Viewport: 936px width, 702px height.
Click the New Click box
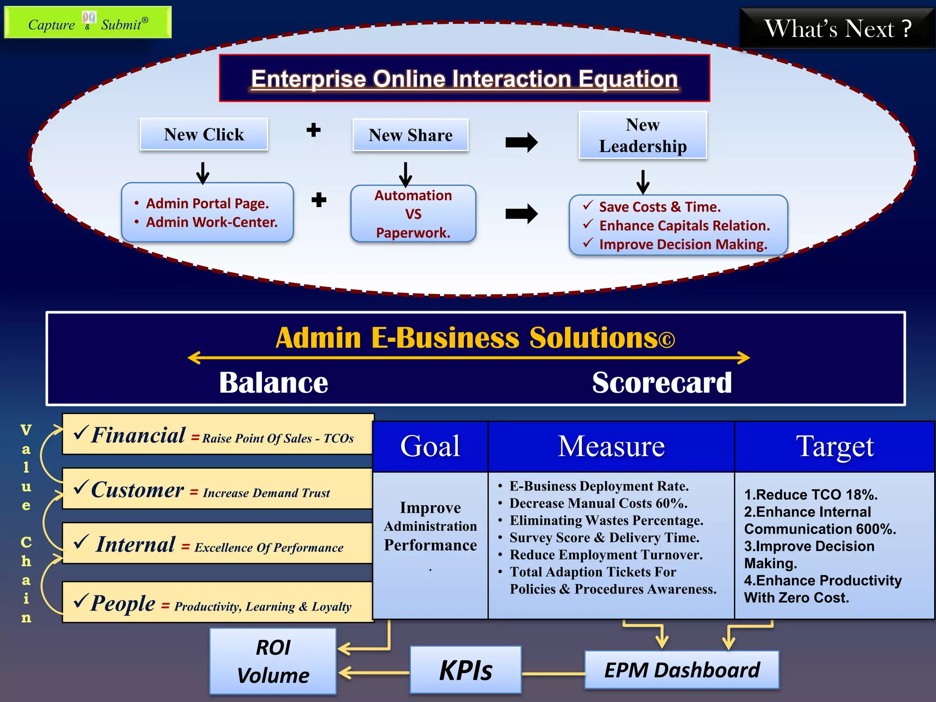[x=204, y=134]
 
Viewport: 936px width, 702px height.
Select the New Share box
[x=410, y=135]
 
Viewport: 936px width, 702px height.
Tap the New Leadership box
[x=643, y=135]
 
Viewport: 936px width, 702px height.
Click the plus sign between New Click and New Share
[x=314, y=130]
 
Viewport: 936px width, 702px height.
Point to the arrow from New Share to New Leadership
[x=521, y=142]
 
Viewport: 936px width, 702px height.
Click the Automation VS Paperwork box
[x=413, y=214]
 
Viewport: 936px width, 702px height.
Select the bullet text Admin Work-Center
[x=212, y=222]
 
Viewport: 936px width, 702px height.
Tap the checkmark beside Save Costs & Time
[x=588, y=206]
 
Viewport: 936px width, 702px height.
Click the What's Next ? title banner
[x=837, y=28]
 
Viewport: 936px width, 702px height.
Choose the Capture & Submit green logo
[x=88, y=22]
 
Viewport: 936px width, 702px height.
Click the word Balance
[x=273, y=383]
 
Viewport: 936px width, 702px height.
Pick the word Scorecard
[x=662, y=383]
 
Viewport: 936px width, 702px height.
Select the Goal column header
[x=430, y=446]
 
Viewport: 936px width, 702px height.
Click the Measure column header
[x=611, y=446]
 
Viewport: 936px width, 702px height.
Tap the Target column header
[x=835, y=446]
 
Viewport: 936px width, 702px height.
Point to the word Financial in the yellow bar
[x=138, y=435]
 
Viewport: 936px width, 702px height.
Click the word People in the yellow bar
[x=123, y=603]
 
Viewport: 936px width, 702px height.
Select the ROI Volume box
[x=273, y=661]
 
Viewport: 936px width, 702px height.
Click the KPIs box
[x=466, y=670]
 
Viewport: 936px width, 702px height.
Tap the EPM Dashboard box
[x=682, y=670]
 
